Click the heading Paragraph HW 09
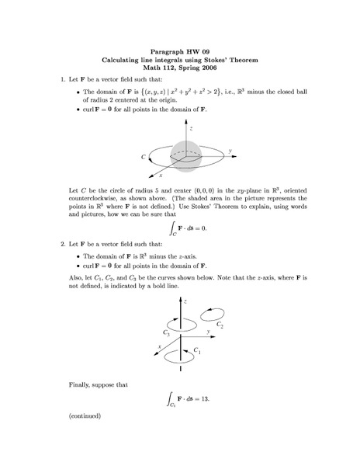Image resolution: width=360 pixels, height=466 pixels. pyautogui.click(x=180, y=50)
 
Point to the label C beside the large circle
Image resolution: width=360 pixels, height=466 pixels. pyautogui.click(x=144, y=157)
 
